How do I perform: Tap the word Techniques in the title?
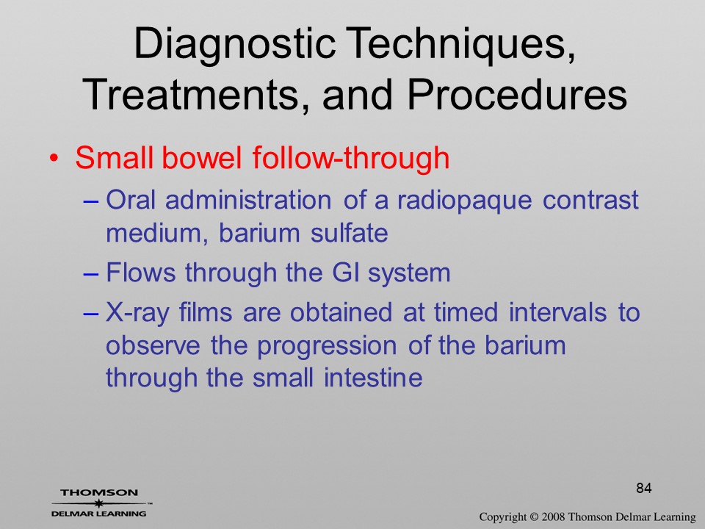460,44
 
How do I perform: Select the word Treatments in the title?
189,95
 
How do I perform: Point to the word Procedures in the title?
516,94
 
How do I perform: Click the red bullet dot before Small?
54,159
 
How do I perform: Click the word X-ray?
137,313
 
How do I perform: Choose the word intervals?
557,312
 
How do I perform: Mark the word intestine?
373,378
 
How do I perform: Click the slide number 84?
644,488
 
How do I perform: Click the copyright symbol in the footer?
534,517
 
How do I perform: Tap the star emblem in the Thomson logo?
98,503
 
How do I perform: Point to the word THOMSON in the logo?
99,492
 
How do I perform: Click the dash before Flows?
91,274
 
